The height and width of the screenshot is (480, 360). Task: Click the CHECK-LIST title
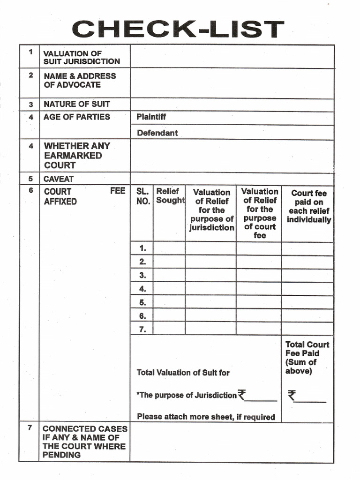pos(178,29)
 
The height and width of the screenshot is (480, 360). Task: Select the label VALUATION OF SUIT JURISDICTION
pos(82,58)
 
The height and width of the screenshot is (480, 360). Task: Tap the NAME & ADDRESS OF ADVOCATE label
pos(79,80)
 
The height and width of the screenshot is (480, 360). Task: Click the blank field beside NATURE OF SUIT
pos(232,105)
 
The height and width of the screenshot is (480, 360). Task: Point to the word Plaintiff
pos(151,117)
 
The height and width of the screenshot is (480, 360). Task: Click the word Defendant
pos(157,133)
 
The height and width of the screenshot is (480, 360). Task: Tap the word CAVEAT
pos(59,179)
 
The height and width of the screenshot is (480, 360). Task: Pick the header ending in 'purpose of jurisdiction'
pos(211,210)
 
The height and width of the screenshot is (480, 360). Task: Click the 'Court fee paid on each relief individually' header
pos(308,206)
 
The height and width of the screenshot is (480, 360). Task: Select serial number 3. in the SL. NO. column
pos(142,275)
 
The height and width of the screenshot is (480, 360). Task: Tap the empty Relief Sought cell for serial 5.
pos(169,302)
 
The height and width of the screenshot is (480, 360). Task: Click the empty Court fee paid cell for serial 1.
pos(307,248)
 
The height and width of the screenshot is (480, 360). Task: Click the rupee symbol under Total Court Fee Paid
pos(292,396)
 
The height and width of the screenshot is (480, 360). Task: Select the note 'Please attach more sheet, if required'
pos(206,417)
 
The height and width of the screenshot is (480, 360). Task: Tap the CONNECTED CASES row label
pos(84,442)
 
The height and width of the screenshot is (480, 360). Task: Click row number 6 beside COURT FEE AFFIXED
pos(31,191)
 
